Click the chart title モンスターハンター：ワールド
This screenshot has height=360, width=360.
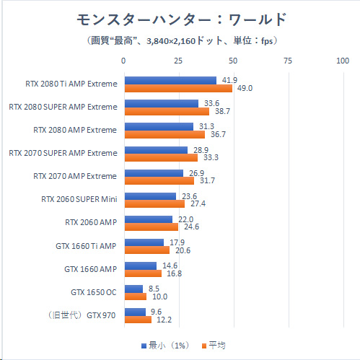click(x=182, y=19)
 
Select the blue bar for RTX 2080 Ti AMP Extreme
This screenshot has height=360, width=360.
click(x=170, y=81)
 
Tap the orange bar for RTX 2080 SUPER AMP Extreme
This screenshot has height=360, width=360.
click(x=167, y=111)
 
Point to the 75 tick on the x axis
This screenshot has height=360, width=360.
click(x=288, y=61)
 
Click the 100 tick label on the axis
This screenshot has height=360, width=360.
click(x=343, y=61)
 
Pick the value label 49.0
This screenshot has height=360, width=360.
click(x=245, y=88)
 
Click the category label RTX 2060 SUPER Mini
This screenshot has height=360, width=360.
click(x=79, y=199)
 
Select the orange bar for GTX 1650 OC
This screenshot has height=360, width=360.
click(x=136, y=297)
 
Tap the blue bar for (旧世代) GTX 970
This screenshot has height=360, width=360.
click(x=135, y=312)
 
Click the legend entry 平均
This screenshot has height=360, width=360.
click(x=214, y=346)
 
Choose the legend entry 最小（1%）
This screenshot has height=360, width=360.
click(x=165, y=346)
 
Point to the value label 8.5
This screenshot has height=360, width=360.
click(x=154, y=289)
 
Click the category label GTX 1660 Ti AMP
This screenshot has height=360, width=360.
click(x=86, y=246)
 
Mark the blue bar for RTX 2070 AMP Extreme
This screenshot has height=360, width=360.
click(x=154, y=173)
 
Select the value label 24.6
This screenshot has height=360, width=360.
click(x=191, y=227)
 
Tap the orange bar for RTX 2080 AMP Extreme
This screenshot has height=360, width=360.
click(x=164, y=134)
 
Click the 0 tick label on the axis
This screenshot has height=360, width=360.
click(x=123, y=61)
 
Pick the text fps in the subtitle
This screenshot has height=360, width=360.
click(x=267, y=41)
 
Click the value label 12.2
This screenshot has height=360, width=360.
click(x=164, y=320)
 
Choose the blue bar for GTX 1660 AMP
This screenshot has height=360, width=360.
click(x=141, y=265)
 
